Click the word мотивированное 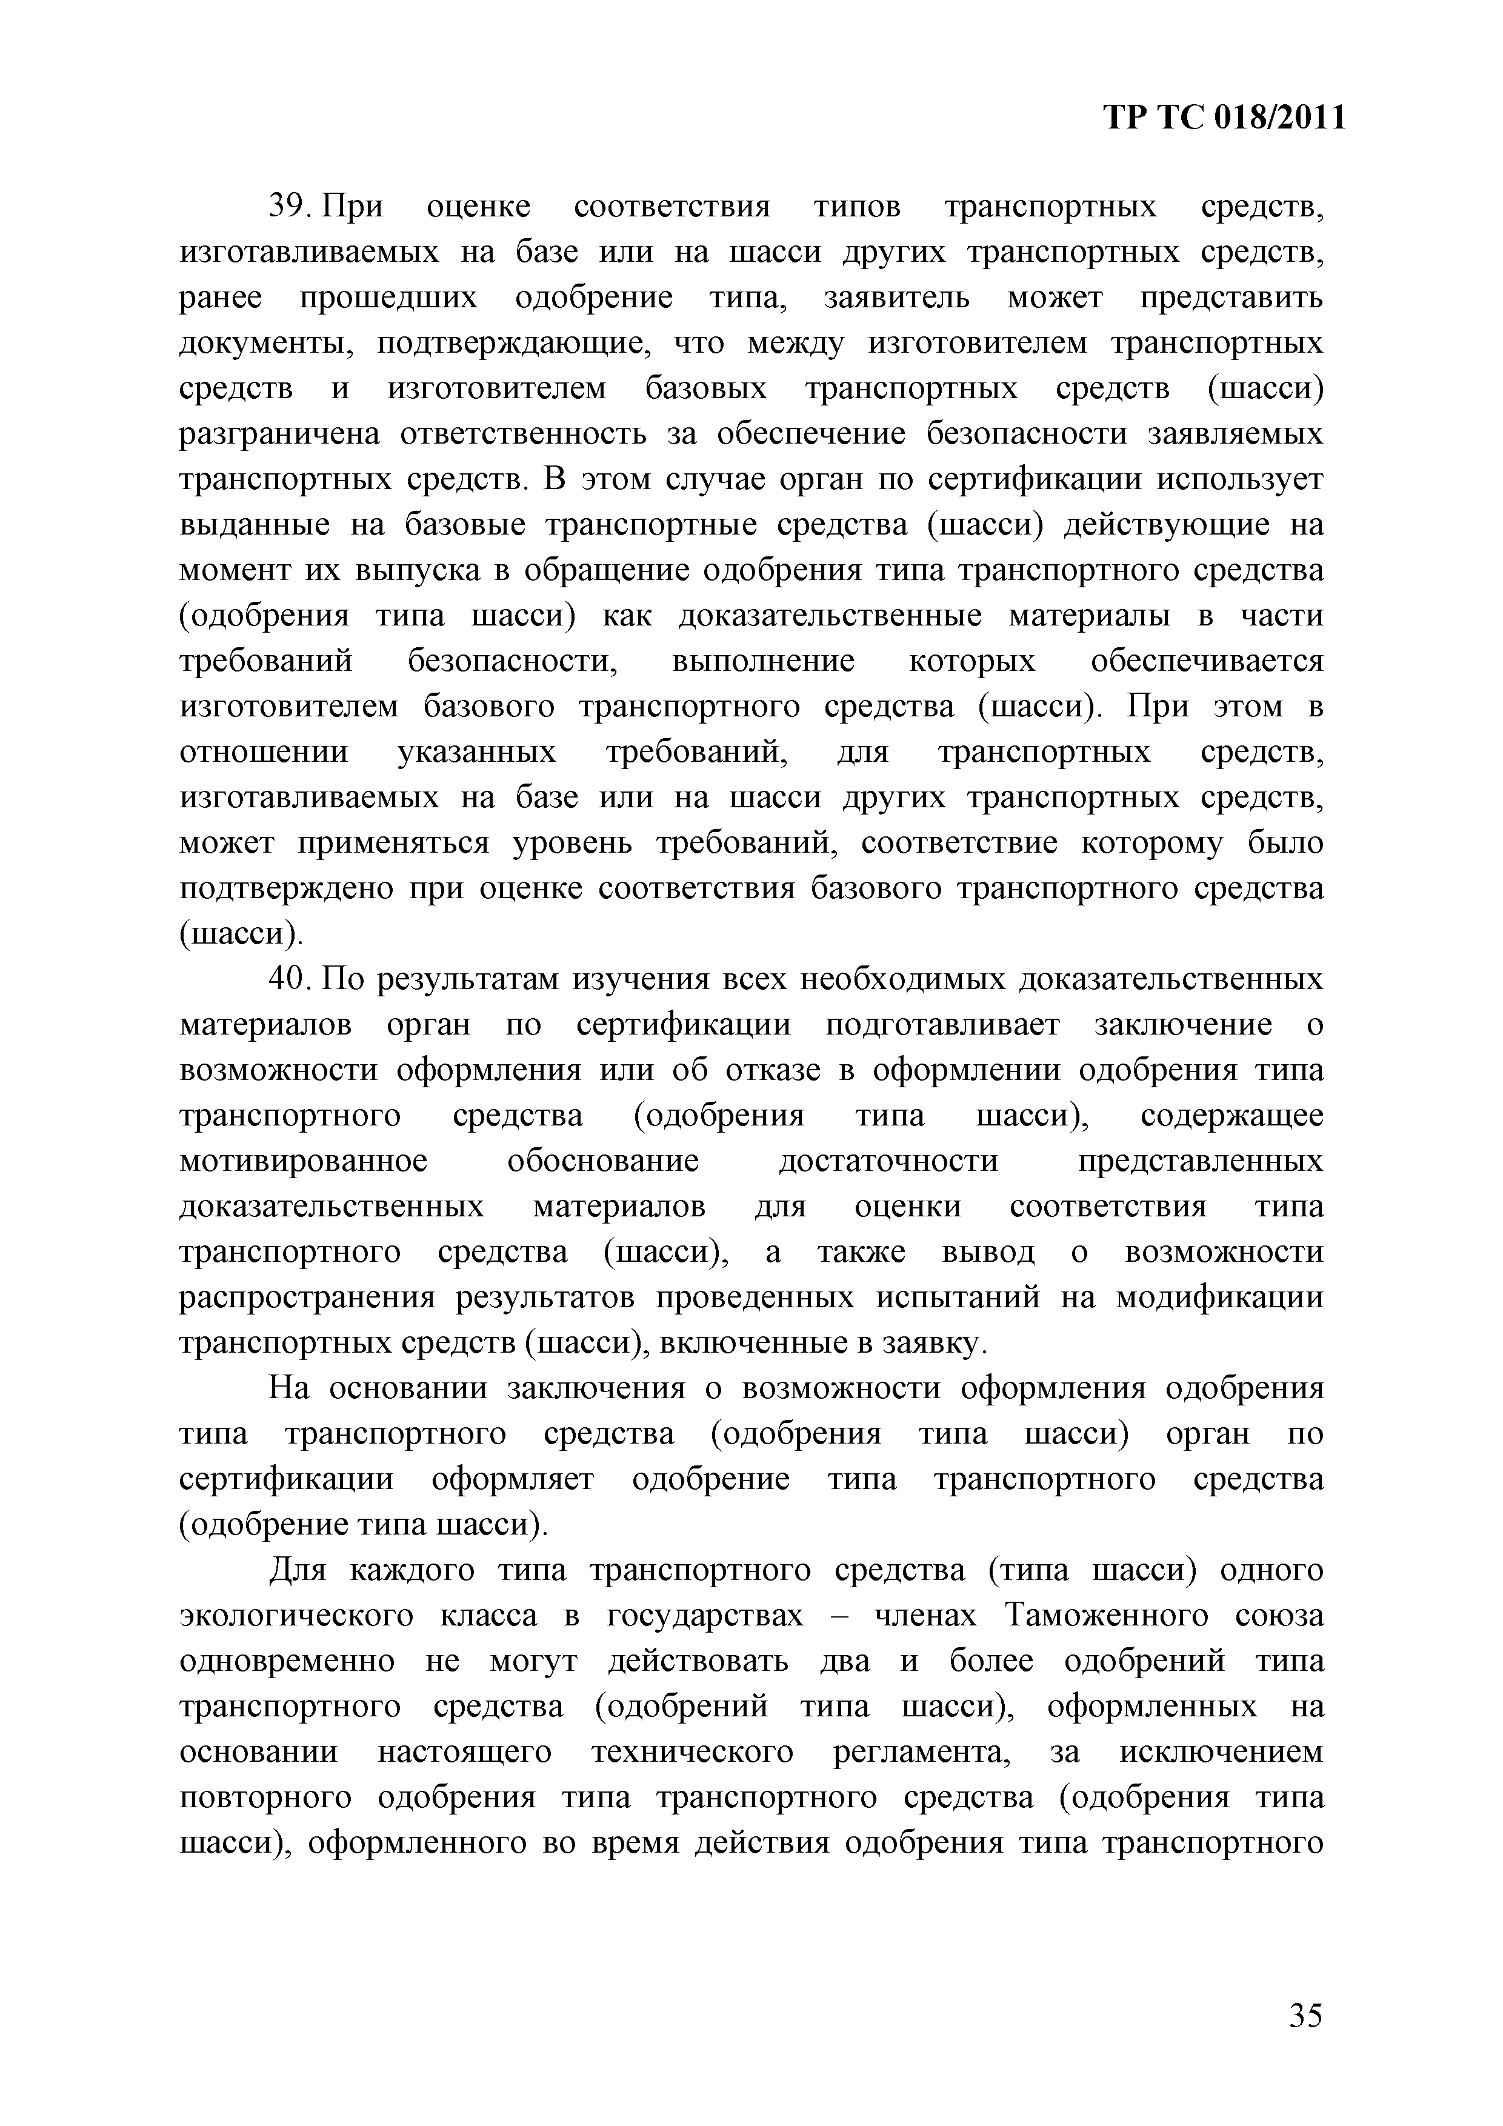(303, 1161)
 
